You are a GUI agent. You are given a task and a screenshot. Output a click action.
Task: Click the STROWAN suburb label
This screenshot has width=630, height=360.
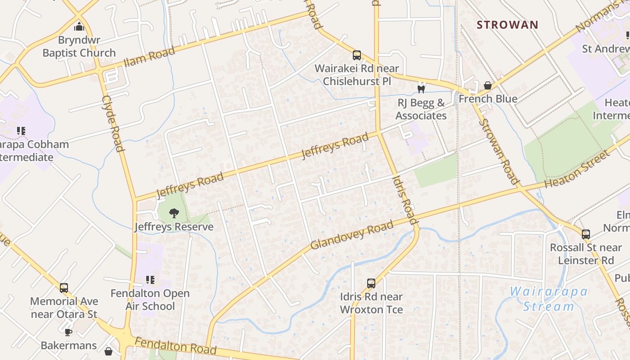point(507,25)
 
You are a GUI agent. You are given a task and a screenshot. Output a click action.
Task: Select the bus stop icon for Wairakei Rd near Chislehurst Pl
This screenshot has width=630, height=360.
point(357,55)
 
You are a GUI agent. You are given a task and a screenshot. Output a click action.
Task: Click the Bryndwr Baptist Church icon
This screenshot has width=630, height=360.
point(79,27)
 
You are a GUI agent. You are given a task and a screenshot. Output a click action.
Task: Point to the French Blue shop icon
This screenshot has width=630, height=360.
point(487,85)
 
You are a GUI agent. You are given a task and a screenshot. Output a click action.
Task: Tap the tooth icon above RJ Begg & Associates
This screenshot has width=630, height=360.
point(421,89)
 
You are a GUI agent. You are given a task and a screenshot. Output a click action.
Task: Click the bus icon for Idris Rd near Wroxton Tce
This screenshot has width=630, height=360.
point(371,283)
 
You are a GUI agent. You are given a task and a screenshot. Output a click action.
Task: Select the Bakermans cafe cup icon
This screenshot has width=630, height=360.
point(68,333)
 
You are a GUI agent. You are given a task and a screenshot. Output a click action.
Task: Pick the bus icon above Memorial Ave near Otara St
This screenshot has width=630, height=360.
point(64,288)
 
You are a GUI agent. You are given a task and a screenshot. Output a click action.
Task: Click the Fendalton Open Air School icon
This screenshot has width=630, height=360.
point(150,280)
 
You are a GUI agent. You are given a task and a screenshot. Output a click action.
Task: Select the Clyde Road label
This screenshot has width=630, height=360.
point(112,123)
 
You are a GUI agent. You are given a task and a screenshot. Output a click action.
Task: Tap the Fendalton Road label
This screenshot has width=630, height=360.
point(175,346)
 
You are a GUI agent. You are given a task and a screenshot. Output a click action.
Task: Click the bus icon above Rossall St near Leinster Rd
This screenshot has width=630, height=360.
point(585,234)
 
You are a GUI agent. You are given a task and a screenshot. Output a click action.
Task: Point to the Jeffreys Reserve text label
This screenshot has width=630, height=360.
point(174,226)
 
